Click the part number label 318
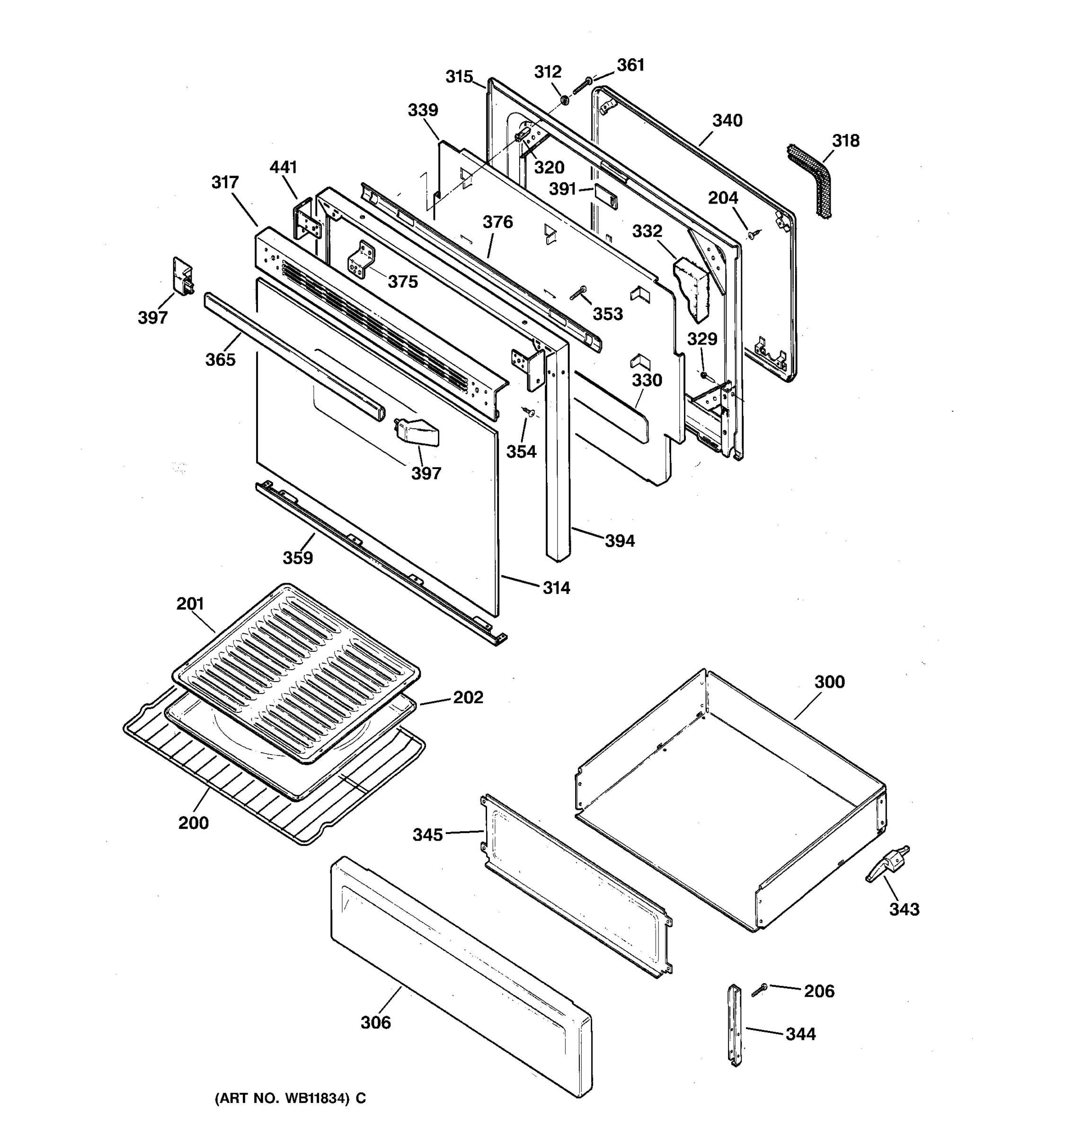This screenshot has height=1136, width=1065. pos(845,141)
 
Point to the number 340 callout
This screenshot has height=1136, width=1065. pos(727,121)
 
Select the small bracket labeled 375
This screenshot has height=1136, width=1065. pos(361,260)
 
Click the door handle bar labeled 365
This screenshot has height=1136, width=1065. pos(294,358)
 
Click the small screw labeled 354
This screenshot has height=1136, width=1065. pos(529,411)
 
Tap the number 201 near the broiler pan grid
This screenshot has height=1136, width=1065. pos(190,603)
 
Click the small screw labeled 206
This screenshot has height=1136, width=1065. pos(759,990)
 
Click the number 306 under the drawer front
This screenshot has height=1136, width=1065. pos(375,1023)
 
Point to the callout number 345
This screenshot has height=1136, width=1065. pos(427,835)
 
